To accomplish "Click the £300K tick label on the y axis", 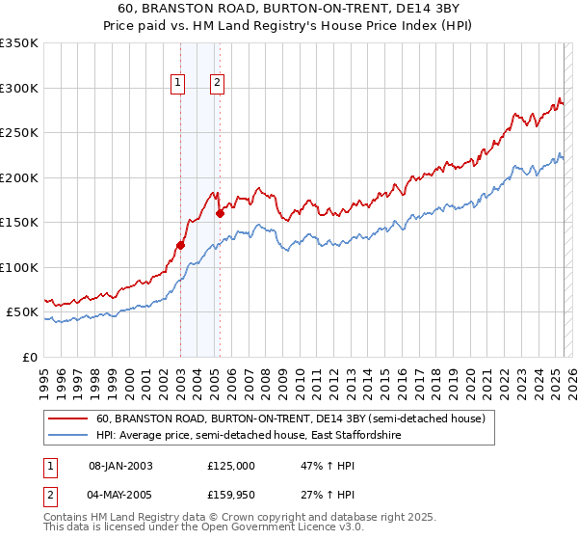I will [18, 88].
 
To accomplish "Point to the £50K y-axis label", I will [22, 312].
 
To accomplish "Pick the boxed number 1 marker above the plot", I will [179, 84].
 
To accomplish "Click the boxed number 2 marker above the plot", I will [218, 84].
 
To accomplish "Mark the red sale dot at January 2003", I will [180, 245].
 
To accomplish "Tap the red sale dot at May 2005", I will [220, 213].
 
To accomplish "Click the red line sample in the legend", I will [67, 418].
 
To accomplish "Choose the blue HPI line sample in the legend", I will [67, 436].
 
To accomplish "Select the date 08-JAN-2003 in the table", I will [120, 465].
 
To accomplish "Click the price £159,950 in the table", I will [231, 496].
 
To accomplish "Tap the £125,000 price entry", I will [231, 465].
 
